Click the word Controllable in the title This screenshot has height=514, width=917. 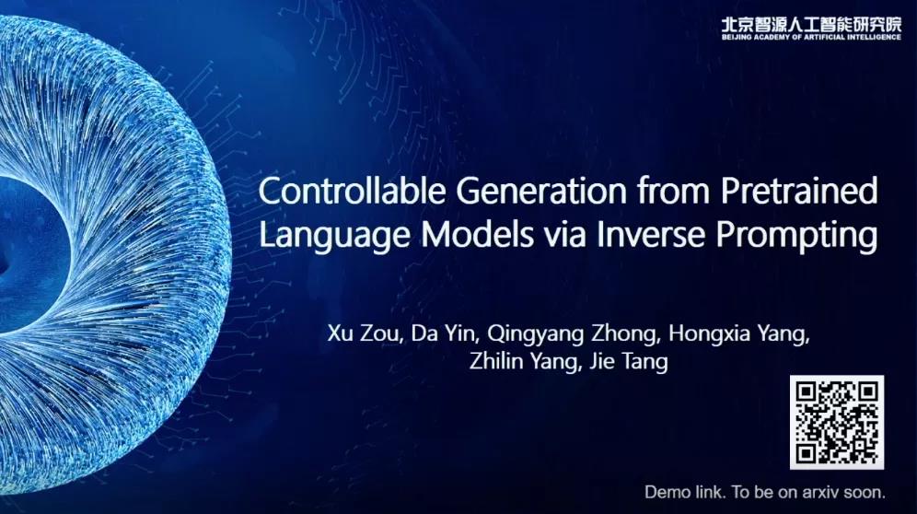352,191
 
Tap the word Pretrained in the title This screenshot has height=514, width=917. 799,191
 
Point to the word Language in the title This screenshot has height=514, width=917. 334,235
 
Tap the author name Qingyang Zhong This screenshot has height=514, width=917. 573,334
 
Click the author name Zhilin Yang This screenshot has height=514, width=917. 525,361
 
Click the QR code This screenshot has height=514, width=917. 837,422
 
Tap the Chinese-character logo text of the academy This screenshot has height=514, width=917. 811,24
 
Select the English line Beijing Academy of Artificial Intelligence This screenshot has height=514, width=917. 811,37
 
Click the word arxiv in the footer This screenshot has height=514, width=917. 809,492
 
